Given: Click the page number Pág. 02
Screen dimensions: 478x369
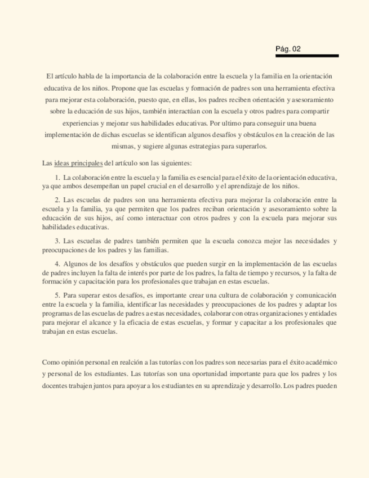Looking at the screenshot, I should point(288,49).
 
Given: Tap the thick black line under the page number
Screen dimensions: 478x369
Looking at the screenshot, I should point(307,56).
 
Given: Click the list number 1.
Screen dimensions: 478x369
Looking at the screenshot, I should point(57,178).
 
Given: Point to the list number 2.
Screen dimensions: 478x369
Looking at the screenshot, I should point(57,200).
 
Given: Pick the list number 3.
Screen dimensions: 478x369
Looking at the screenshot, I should point(57,241).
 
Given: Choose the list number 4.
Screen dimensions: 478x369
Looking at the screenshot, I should point(57,263).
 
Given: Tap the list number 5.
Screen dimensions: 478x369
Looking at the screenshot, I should point(57,295).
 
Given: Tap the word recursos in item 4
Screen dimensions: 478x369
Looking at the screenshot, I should point(281,273).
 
